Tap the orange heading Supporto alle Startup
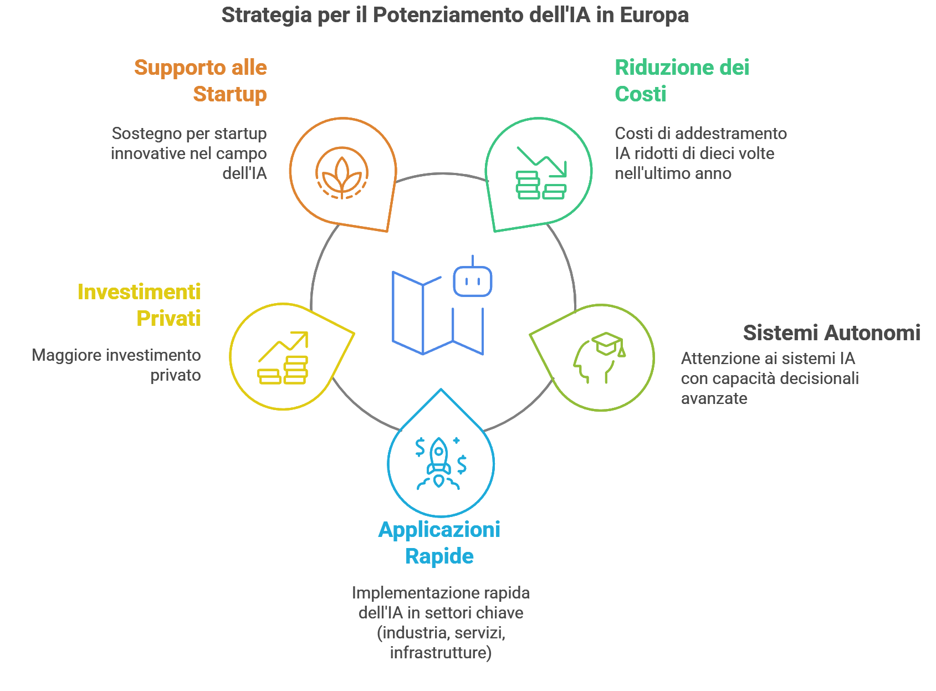(201, 81)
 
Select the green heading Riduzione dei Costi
(682, 81)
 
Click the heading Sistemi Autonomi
(831, 333)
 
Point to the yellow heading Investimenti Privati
(139, 305)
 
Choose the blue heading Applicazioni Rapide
(439, 543)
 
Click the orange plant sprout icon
(342, 173)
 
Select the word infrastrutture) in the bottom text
(441, 653)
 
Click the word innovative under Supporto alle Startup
(146, 153)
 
